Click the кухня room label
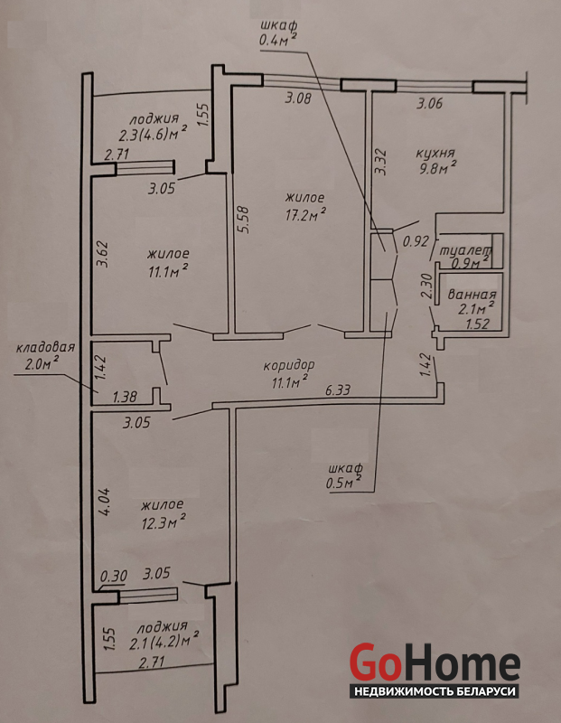pyautogui.click(x=435, y=154)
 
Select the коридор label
pyautogui.click(x=289, y=366)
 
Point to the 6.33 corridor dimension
pyautogui.click(x=338, y=391)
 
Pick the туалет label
pyautogui.click(x=466, y=252)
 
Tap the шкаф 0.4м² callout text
pyautogui.click(x=277, y=33)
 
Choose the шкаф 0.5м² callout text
pyautogui.click(x=344, y=476)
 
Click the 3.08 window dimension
pyautogui.click(x=298, y=99)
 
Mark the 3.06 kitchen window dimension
pyautogui.click(x=430, y=103)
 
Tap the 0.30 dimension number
pyautogui.click(x=114, y=576)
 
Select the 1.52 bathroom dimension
pyautogui.click(x=477, y=324)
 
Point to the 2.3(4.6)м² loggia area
pyautogui.click(x=153, y=136)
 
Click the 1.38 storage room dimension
pyautogui.click(x=124, y=396)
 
